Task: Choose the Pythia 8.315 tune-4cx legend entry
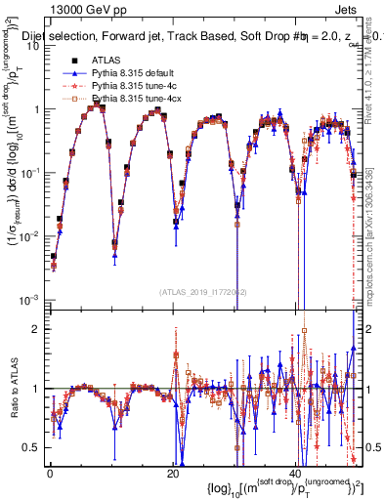tap(132, 100)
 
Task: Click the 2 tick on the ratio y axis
tap(36, 329)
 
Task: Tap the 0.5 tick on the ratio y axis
tap(32, 447)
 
